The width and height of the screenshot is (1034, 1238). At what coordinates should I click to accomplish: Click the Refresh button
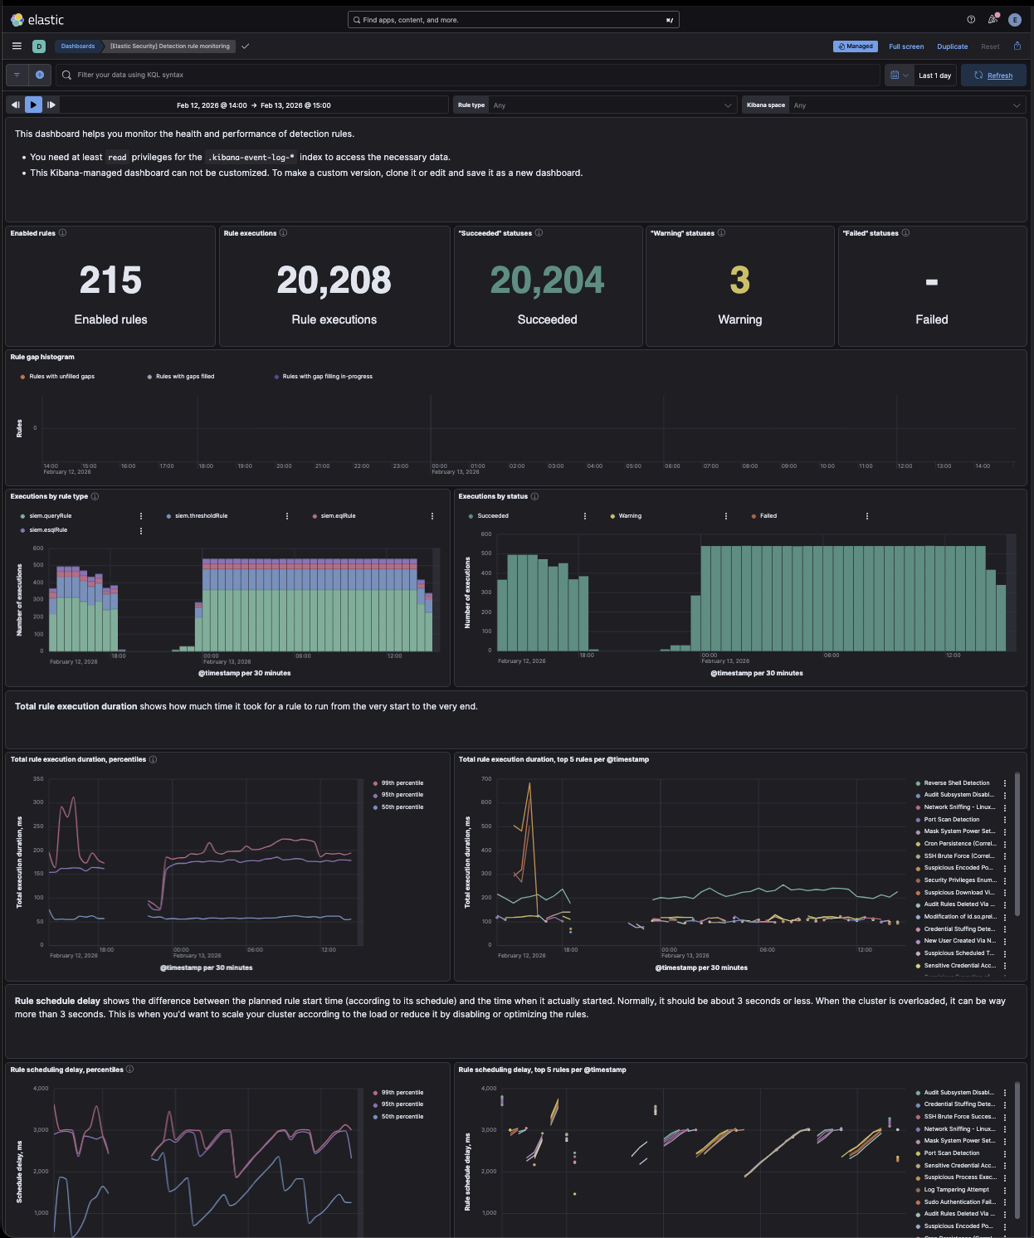click(x=993, y=76)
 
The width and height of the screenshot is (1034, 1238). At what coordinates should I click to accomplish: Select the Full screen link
click(x=906, y=46)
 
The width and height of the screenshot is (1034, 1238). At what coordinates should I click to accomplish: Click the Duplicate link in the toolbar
click(x=952, y=46)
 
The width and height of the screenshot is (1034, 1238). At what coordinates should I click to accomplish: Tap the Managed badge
click(x=855, y=46)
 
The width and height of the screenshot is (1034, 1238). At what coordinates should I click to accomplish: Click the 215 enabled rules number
click(x=110, y=280)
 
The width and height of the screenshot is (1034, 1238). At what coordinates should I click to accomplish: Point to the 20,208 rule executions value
click(x=334, y=280)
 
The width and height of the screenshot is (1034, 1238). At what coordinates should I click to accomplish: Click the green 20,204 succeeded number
click(x=547, y=280)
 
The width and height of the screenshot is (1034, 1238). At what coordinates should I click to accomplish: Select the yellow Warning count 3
click(x=739, y=280)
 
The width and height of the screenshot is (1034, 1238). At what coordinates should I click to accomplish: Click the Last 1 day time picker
click(x=934, y=76)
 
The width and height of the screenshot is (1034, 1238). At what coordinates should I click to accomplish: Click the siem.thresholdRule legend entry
click(x=201, y=516)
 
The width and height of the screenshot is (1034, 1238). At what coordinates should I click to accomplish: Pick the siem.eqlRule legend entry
click(x=338, y=516)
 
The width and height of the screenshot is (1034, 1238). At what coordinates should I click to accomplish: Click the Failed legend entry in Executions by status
click(x=768, y=516)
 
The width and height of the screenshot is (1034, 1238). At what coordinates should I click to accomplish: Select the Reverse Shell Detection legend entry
click(x=956, y=783)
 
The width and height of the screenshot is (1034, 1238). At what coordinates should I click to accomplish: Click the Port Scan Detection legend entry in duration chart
click(x=952, y=820)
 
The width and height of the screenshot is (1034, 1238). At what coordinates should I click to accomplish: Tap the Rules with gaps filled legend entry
click(x=184, y=377)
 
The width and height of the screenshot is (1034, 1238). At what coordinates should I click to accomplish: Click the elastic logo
click(x=37, y=20)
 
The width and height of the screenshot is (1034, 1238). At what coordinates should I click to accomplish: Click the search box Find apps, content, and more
click(x=513, y=20)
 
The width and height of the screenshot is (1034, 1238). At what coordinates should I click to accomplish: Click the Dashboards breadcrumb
click(x=78, y=46)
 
